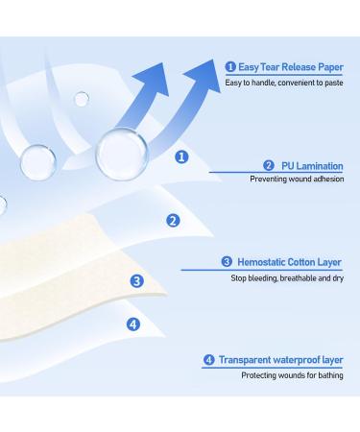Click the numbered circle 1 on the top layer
click(x=181, y=156)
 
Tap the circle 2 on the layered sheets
click(x=173, y=220)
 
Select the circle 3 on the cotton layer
click(x=137, y=281)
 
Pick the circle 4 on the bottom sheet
click(x=133, y=324)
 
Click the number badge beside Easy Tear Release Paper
click(x=230, y=66)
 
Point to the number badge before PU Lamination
click(x=268, y=165)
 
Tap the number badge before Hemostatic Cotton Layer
click(x=227, y=261)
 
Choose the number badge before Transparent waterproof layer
click(x=208, y=360)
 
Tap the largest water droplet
click(x=122, y=152)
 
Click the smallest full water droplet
click(x=82, y=99)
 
